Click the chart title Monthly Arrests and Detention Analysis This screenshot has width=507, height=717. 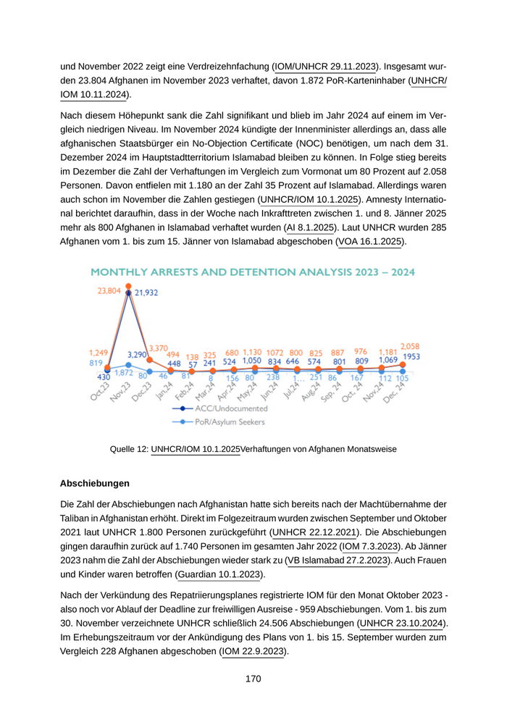pos(252,272)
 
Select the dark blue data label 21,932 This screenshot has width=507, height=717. pos(146,293)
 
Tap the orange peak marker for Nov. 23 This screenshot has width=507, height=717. pos(128,287)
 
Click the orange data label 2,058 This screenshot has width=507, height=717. pos(410,346)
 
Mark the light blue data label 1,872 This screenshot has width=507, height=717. pos(124,372)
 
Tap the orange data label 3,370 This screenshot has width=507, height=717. pos(159,348)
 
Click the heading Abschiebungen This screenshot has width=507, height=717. pos(95,483)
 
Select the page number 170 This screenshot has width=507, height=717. pos(253,679)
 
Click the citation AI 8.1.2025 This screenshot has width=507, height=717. pos(311,227)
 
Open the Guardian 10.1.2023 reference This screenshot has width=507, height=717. pos(218,575)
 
